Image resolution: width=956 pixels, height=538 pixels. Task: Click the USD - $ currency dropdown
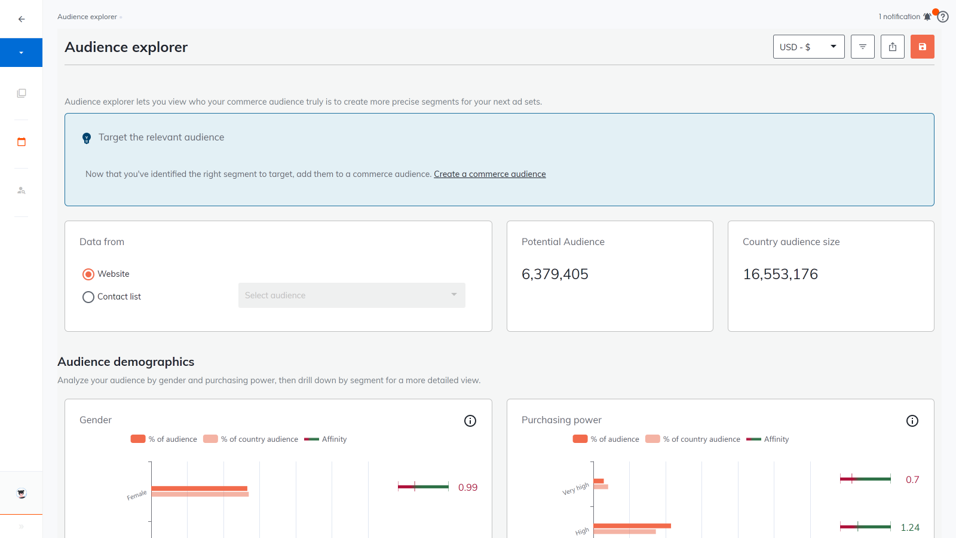(x=808, y=47)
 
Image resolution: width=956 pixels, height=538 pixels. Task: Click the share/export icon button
(x=893, y=47)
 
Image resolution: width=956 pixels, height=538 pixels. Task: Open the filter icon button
(x=863, y=47)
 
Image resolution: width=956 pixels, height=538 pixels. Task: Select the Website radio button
(x=88, y=274)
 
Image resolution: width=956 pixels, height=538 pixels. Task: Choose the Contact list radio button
(x=88, y=297)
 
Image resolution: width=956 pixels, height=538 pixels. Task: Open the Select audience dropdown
(x=351, y=295)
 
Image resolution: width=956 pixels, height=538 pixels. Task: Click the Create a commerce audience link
(x=489, y=174)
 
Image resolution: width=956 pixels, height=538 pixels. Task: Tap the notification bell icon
(x=927, y=17)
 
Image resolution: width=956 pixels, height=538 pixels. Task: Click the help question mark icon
(x=943, y=17)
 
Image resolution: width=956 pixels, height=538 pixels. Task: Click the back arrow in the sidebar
(x=22, y=19)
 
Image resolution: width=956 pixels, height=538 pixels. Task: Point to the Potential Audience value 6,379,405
(x=554, y=274)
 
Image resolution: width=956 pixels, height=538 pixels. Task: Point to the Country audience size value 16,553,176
(x=780, y=274)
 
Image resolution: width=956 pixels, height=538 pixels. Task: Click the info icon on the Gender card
(x=470, y=421)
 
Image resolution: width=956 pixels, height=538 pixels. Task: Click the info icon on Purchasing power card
(x=912, y=421)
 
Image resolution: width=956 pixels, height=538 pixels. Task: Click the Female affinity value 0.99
(x=467, y=488)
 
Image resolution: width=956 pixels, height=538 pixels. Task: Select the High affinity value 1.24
(x=909, y=527)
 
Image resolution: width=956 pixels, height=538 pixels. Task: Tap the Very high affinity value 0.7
(x=912, y=479)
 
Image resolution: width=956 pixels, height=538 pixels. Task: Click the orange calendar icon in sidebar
(x=22, y=142)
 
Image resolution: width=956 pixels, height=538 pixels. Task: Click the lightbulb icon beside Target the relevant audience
(x=87, y=138)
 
